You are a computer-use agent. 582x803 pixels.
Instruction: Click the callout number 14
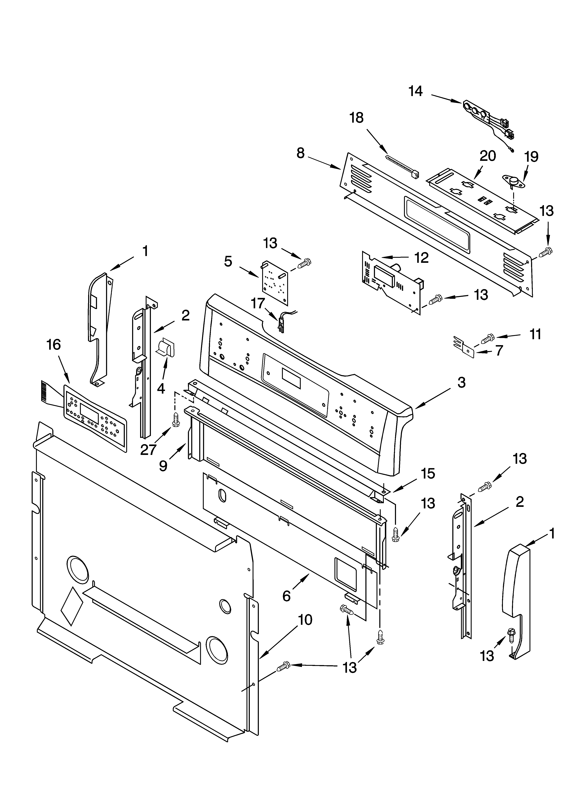tap(415, 91)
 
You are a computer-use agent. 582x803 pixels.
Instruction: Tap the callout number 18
tap(357, 118)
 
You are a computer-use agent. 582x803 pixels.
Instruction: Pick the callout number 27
tap(148, 450)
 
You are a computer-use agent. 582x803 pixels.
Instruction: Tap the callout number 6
tap(286, 596)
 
